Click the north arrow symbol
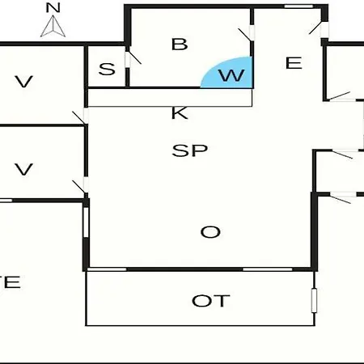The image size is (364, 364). point(53,27)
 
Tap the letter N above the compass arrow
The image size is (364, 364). point(53,7)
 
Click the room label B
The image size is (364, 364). point(180,44)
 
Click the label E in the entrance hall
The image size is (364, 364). point(294,63)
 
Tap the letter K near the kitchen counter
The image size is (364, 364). point(180,112)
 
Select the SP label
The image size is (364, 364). point(190,150)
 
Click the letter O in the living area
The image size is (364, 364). point(210,232)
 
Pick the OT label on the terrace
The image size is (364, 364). point(211,301)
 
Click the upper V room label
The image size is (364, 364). point(24,82)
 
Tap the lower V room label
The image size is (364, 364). point(24,170)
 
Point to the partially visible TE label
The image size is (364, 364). point(10,282)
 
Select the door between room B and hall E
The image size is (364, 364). point(247,33)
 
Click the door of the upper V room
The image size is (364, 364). point(80,116)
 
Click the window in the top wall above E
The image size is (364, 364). point(298,6)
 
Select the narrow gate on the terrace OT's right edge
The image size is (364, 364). point(314,300)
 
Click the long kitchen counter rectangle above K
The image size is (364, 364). point(170,98)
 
